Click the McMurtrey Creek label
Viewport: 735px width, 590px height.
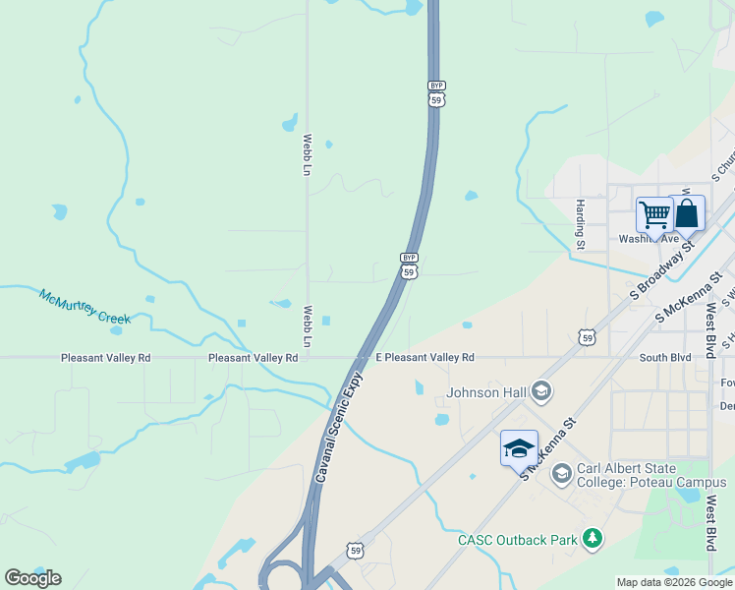(85, 306)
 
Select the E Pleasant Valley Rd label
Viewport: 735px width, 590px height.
(424, 358)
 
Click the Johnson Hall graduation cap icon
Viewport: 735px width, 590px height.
(539, 393)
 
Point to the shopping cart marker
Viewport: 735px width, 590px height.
(653, 214)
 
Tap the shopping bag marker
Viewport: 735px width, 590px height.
(687, 213)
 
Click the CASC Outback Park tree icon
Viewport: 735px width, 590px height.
(592, 538)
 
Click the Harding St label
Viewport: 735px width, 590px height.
(581, 223)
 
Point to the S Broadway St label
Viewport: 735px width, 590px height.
(661, 271)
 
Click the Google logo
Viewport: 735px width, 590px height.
(32, 578)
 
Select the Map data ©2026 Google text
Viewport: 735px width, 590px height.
(674, 582)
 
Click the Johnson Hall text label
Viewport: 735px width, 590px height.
(487, 393)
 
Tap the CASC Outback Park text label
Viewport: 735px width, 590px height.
(517, 539)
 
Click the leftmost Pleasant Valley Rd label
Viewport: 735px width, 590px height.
(105, 358)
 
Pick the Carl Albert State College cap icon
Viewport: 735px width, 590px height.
(561, 475)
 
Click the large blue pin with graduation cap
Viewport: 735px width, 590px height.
(519, 450)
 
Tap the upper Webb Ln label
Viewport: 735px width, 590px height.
(308, 155)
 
